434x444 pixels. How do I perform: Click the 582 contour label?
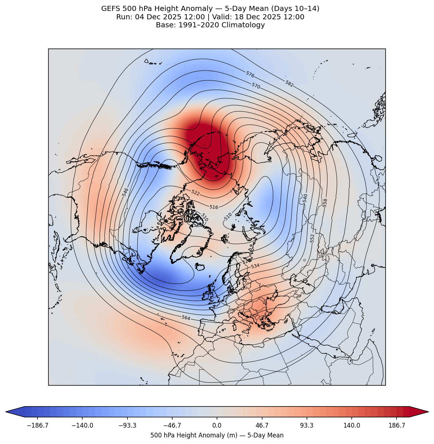289,83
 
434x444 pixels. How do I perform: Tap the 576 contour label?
250,74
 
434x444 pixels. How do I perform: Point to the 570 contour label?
256,86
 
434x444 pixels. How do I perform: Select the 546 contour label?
125,192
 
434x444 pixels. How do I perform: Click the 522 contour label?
196,193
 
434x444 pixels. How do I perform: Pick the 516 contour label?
214,207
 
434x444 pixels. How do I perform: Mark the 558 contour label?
325,203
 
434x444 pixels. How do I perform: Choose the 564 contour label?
186,318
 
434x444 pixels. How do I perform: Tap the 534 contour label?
255,266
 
